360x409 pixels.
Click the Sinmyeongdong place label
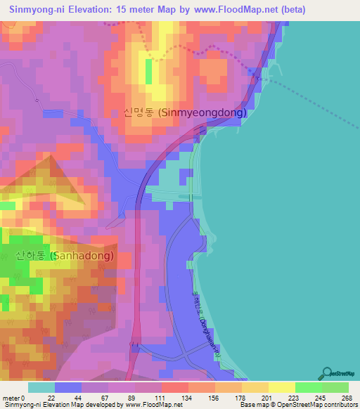pyautogui.click(x=184, y=112)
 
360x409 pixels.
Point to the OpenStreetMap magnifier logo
pyautogui.click(x=328, y=373)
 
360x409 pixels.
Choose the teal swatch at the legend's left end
pyautogui.click(x=41, y=387)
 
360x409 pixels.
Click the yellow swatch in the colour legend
pyautogui.click(x=282, y=387)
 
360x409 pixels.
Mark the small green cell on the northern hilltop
pyautogui.click(x=148, y=71)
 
